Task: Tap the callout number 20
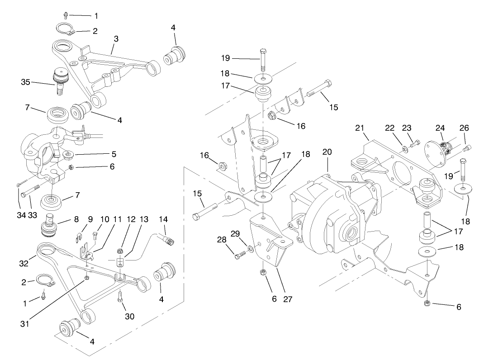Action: click(327, 152)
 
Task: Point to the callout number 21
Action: click(360, 128)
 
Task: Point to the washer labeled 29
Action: click(250, 248)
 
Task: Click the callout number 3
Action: click(116, 39)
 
